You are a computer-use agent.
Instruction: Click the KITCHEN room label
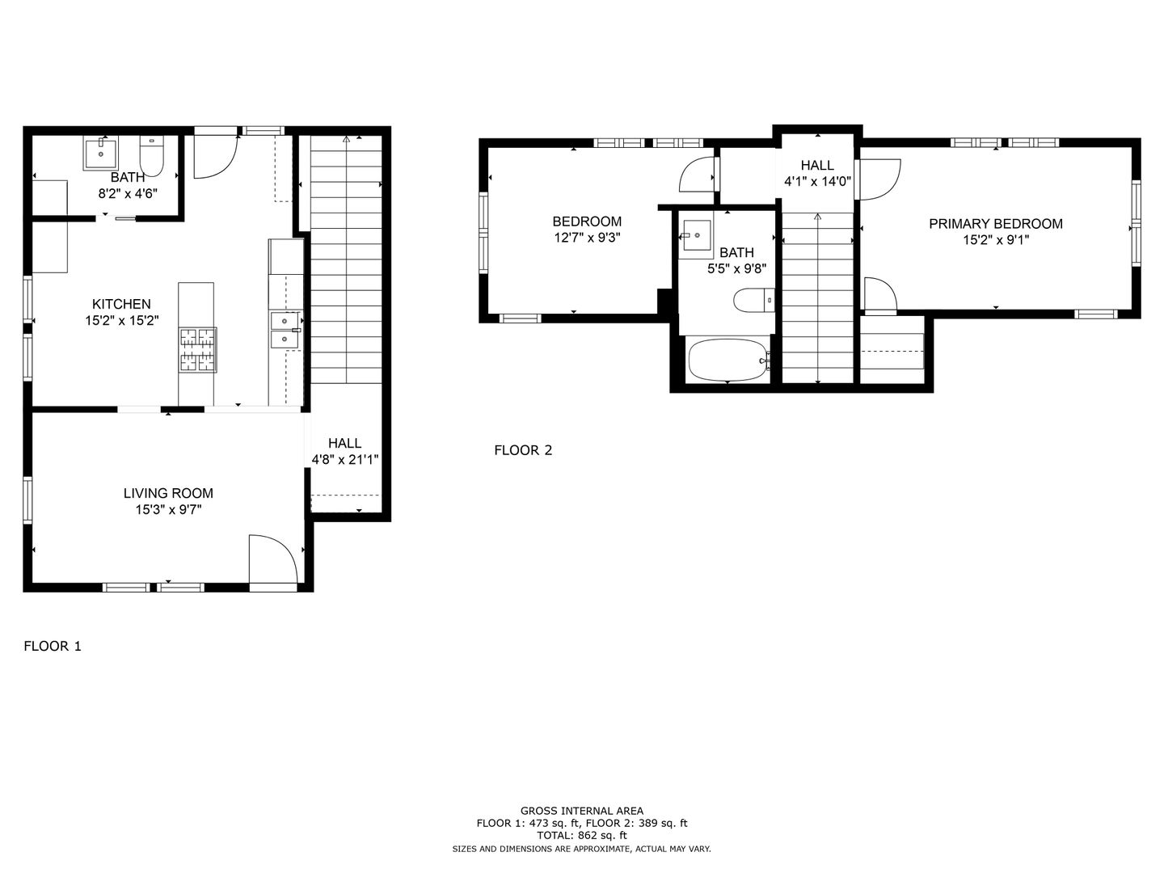click(121, 304)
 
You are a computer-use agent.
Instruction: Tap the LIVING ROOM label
click(168, 493)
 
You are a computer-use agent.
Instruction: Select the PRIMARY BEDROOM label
click(996, 224)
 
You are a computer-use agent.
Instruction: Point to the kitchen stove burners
click(198, 350)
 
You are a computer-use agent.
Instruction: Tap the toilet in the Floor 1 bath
click(152, 155)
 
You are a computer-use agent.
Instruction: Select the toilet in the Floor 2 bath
click(753, 301)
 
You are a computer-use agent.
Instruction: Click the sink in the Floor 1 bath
click(100, 154)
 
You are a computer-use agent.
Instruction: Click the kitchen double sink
click(285, 331)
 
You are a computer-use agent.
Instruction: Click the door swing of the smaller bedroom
click(697, 175)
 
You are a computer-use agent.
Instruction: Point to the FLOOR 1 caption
click(53, 646)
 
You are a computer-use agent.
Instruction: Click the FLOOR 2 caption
click(523, 450)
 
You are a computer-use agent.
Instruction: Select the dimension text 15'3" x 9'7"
click(168, 510)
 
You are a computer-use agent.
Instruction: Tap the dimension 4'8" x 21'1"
click(344, 460)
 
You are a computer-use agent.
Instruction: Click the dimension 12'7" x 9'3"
click(587, 238)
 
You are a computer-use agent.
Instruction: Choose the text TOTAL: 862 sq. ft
click(582, 836)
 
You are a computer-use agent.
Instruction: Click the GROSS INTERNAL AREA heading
click(582, 811)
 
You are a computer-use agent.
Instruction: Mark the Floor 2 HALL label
click(817, 166)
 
